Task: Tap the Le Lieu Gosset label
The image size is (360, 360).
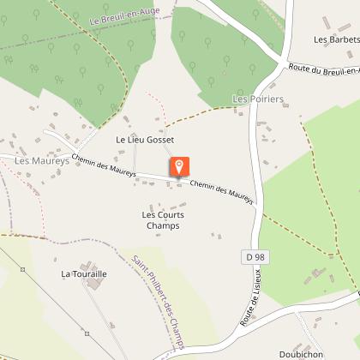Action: point(145,139)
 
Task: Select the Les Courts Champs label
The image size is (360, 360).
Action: point(163,219)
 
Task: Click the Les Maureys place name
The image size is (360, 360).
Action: point(41,160)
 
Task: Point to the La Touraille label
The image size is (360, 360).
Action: point(84,274)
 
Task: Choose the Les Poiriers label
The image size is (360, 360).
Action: point(257,99)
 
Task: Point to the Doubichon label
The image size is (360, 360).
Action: point(299,353)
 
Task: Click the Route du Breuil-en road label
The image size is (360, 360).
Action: point(323,68)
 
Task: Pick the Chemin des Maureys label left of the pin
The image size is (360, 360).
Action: point(105,163)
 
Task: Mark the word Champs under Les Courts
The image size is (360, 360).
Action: point(163,225)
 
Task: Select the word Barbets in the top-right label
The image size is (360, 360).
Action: point(342,39)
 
